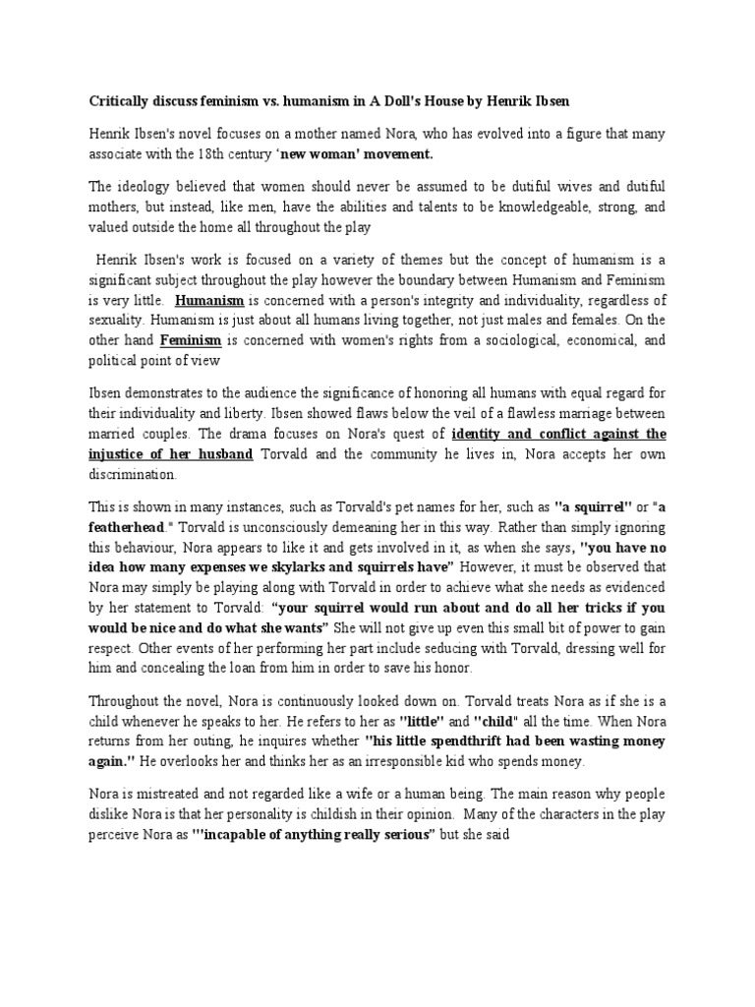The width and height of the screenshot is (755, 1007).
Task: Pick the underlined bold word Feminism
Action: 191,340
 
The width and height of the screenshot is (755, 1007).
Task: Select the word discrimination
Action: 133,474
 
